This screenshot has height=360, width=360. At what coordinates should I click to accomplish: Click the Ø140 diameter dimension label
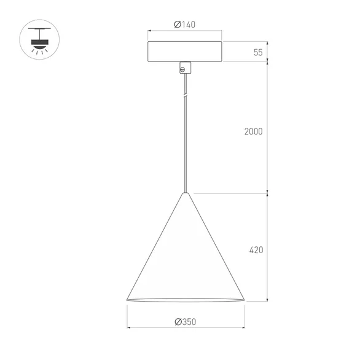coord(184,25)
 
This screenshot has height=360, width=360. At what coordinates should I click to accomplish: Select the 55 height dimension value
coord(258,52)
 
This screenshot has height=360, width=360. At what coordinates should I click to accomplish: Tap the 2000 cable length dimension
coord(253,131)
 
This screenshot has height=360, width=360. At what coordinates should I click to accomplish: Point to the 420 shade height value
coord(257,250)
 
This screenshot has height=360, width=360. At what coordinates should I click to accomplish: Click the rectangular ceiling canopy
coord(184,52)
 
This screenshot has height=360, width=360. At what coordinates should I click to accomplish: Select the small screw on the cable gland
coord(181,70)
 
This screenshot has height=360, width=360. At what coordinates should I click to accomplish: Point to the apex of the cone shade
coord(185,194)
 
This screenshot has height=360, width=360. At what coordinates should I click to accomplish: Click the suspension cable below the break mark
coord(184,147)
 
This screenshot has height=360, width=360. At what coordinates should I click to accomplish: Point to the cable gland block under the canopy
coord(184,68)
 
